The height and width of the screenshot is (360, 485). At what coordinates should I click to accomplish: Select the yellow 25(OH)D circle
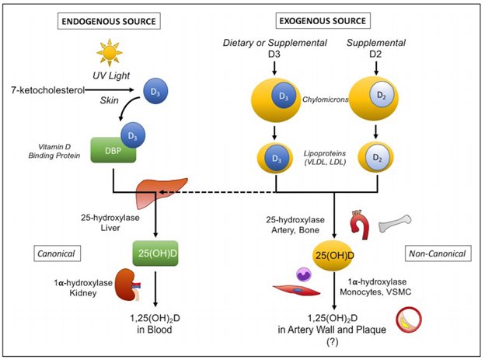(x=334, y=254)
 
